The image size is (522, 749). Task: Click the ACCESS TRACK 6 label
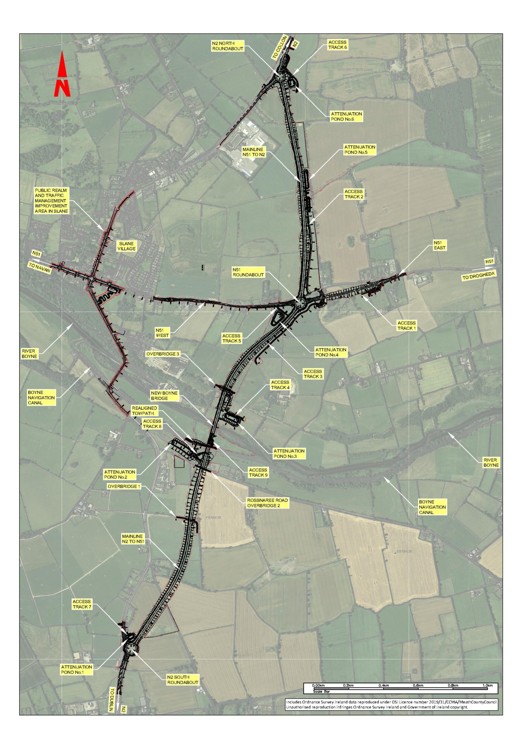(337, 45)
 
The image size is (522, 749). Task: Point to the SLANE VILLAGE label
(126, 246)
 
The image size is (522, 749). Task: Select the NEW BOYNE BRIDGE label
(164, 396)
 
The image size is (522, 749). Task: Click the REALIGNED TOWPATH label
(144, 411)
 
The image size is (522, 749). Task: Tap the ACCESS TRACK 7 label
(82, 604)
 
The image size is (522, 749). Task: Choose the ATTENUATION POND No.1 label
(76, 670)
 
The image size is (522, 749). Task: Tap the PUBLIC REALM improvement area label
(51, 201)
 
